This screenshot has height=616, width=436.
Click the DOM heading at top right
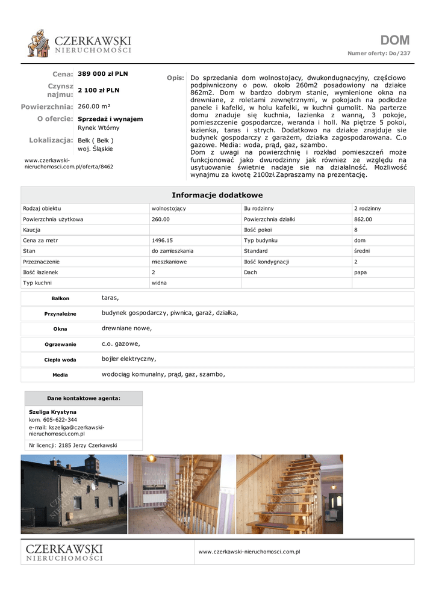pyautogui.click(x=395, y=40)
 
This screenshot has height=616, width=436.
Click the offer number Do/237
pyautogui.click(x=400, y=54)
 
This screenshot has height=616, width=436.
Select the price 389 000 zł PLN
pyautogui.click(x=103, y=74)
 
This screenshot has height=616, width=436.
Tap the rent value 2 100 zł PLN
pyautogui.click(x=99, y=90)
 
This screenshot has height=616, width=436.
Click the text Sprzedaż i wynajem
pyautogui.click(x=110, y=119)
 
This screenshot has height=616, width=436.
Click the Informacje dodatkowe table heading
pyautogui.click(x=217, y=195)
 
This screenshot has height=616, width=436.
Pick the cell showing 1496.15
pyautogui.click(x=162, y=240)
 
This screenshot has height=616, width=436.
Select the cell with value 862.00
pyautogui.click(x=363, y=219)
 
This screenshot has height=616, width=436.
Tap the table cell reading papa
pyautogui.click(x=360, y=272)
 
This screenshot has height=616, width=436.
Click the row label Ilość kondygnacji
pyautogui.click(x=267, y=262)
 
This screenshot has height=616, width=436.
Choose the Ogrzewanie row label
pyautogui.click(x=60, y=345)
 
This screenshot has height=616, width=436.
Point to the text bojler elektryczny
pyautogui.click(x=128, y=359)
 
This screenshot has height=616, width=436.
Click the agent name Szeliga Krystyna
pyautogui.click(x=52, y=412)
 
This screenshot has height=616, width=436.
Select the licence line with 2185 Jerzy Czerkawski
pyautogui.click(x=73, y=446)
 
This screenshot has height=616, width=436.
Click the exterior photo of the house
pyautogui.click(x=74, y=494)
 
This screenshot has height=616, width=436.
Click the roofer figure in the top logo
pyautogui.click(x=39, y=43)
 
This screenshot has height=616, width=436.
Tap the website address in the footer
pyautogui.click(x=249, y=551)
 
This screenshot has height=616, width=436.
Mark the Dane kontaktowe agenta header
pyautogui.click(x=84, y=398)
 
